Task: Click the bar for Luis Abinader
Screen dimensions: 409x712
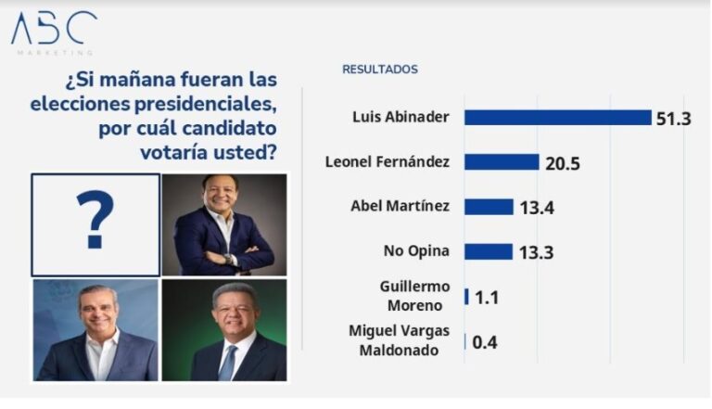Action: pos(557,118)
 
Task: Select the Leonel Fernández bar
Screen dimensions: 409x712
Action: pos(502,162)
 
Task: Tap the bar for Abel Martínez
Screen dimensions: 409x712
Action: pos(489,207)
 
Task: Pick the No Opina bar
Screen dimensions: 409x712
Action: pos(489,251)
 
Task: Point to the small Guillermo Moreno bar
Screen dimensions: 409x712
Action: pos(466,297)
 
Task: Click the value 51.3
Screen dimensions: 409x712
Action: pos(674,119)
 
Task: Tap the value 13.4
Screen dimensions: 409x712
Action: pos(537,208)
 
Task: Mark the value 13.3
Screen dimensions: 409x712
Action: pos(537,252)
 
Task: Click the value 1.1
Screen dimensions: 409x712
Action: pos(487,298)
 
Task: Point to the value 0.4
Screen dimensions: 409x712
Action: pos(485,342)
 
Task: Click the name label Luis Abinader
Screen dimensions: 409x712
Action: pos(401,117)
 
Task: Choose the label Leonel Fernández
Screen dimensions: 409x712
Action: pos(388,161)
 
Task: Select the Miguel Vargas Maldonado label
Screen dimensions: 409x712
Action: pos(400,339)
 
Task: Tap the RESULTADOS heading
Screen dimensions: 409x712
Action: pos(380,70)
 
